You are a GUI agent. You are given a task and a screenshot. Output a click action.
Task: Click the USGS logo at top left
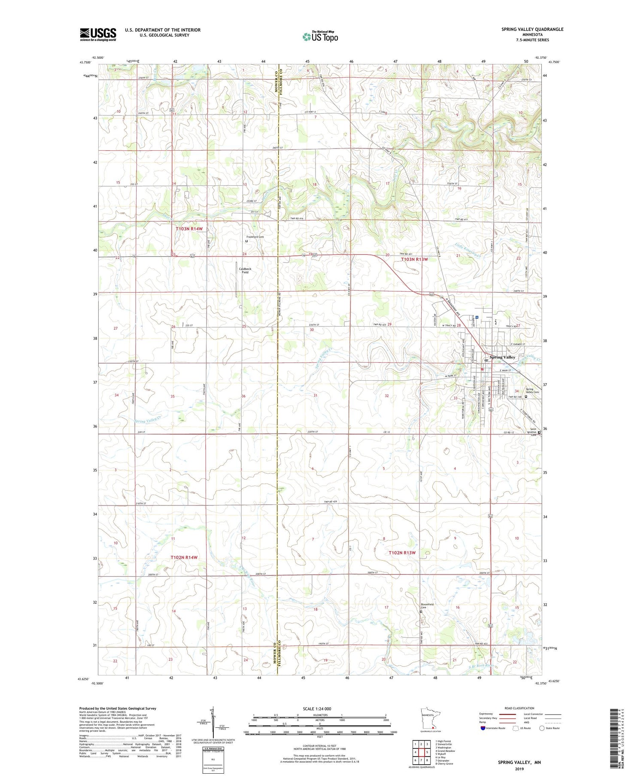98,34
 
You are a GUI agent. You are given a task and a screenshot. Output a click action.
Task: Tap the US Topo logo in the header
320,36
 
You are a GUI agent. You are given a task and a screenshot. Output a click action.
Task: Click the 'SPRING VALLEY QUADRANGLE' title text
532,29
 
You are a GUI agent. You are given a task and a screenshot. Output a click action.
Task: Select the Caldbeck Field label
245,270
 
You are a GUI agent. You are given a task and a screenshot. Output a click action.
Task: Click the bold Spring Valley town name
503,357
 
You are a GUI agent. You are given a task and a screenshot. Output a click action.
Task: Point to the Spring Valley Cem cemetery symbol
526,397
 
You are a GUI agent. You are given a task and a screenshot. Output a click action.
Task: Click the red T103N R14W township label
189,229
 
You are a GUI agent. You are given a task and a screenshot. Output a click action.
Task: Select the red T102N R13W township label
402,553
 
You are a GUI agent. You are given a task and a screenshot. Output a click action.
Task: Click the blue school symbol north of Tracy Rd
477,318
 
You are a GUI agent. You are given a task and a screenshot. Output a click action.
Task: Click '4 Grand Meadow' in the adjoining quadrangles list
445,751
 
